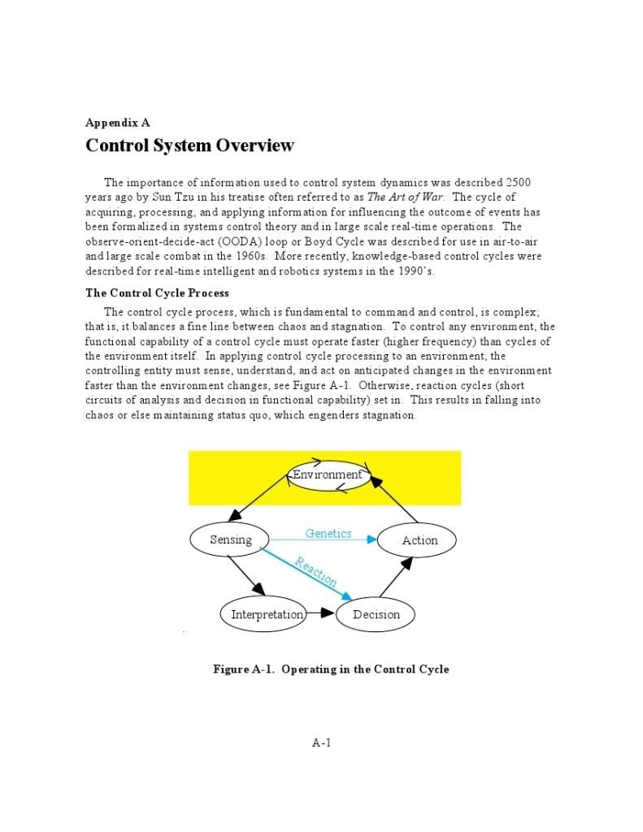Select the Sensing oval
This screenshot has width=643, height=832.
tap(231, 539)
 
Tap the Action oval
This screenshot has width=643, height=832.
tap(419, 540)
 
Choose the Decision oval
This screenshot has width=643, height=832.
tap(376, 614)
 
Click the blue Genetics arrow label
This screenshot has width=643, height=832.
tap(328, 533)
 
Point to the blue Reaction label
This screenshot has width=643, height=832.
tap(315, 571)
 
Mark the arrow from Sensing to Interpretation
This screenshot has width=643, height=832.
tap(247, 576)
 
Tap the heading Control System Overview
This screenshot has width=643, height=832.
tap(189, 146)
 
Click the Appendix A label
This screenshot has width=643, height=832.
tap(118, 123)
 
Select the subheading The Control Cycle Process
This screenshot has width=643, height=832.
tap(158, 292)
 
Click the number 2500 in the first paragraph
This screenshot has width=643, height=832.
tap(519, 182)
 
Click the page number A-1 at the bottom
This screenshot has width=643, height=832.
tap(322, 742)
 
